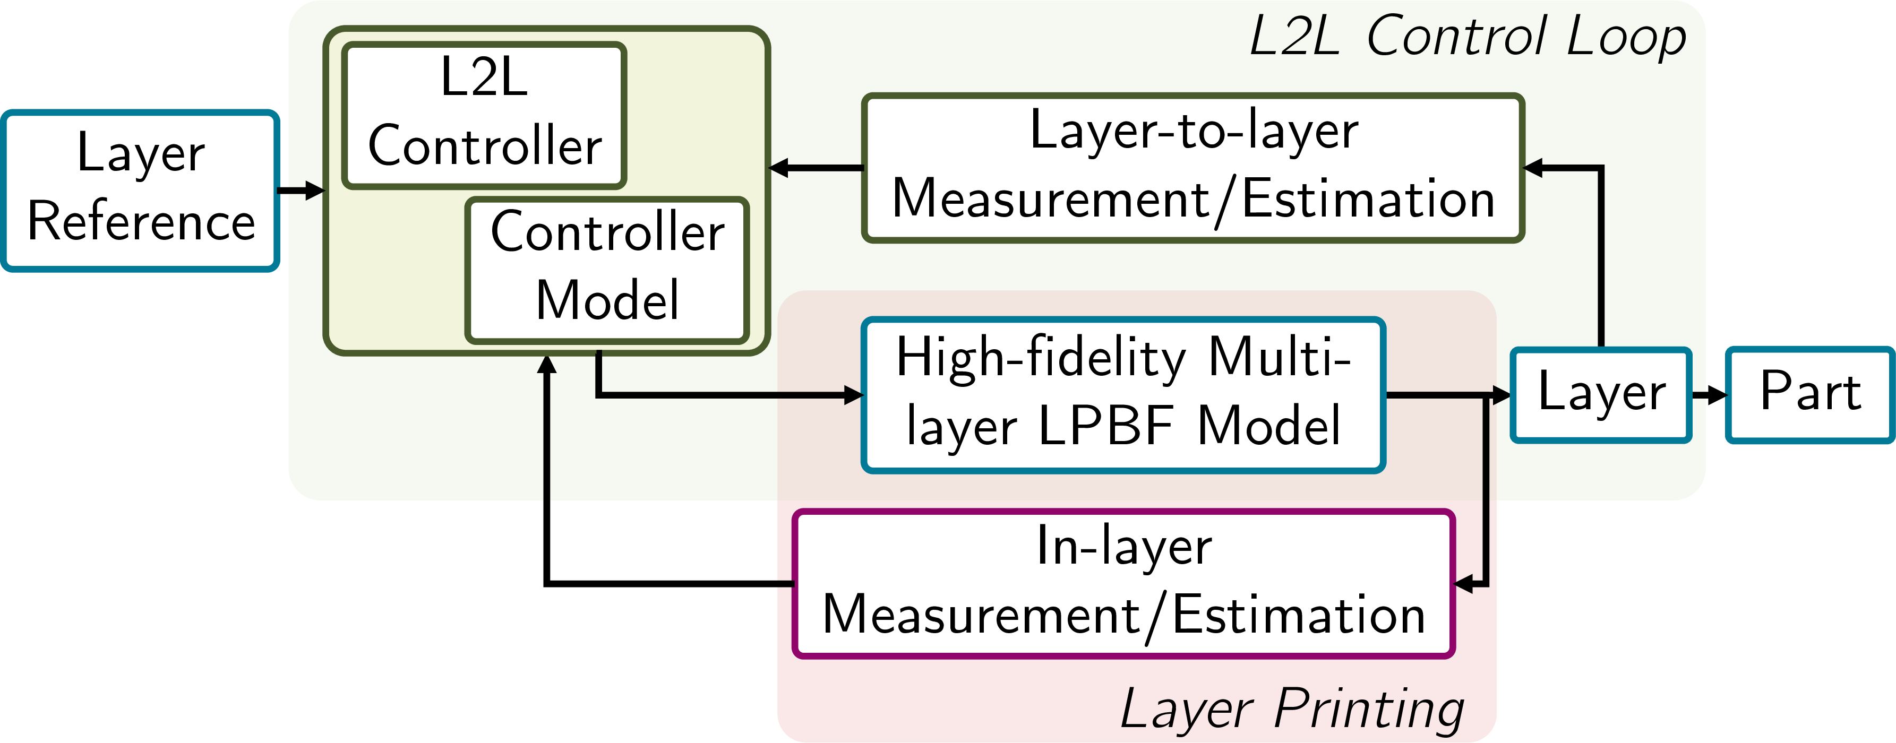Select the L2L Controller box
click(484, 115)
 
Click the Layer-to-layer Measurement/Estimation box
click(1192, 168)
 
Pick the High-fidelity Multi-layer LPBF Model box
click(1122, 394)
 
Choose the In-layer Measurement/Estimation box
click(1123, 583)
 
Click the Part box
click(1810, 394)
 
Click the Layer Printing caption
click(1292, 707)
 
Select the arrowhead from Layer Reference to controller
click(315, 191)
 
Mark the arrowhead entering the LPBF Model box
click(854, 395)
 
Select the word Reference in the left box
click(141, 221)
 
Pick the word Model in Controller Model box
click(607, 300)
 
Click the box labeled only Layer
click(1601, 394)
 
